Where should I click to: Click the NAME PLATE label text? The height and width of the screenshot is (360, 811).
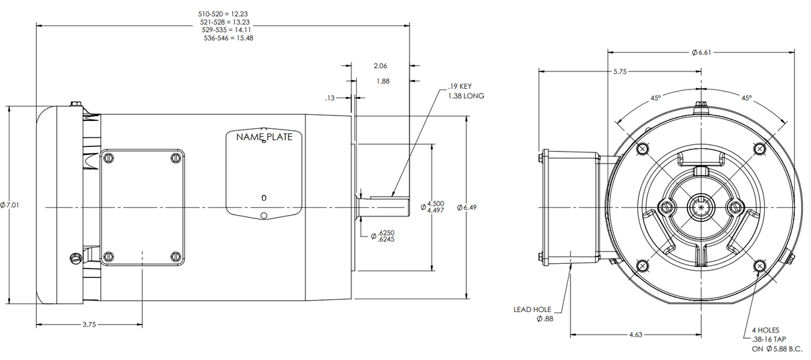pyautogui.click(x=264, y=138)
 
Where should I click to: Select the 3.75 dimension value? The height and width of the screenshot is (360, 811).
pyautogui.click(x=88, y=325)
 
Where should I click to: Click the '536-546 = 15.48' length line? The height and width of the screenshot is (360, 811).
pyautogui.click(x=228, y=38)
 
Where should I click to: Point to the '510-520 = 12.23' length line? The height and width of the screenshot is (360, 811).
pyautogui.click(x=223, y=13)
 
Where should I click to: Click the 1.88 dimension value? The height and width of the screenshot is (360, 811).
pyautogui.click(x=383, y=81)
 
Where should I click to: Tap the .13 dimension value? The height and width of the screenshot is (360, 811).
pyautogui.click(x=329, y=98)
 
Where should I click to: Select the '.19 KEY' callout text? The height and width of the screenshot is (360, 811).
pyautogui.click(x=460, y=86)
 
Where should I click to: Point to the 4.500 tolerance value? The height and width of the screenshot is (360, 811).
pyautogui.click(x=435, y=203)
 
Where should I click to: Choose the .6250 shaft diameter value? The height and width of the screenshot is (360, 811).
pyautogui.click(x=385, y=232)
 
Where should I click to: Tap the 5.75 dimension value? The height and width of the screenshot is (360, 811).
pyautogui.click(x=619, y=71)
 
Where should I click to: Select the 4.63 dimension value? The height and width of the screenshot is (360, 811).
pyautogui.click(x=635, y=334)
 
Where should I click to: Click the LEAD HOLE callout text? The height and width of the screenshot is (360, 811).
pyautogui.click(x=532, y=309)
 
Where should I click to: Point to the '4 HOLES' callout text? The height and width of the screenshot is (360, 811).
pyautogui.click(x=765, y=330)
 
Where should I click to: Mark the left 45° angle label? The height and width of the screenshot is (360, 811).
pyautogui.click(x=656, y=98)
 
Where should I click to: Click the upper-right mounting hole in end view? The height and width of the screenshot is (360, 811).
pyautogui.click(x=759, y=148)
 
